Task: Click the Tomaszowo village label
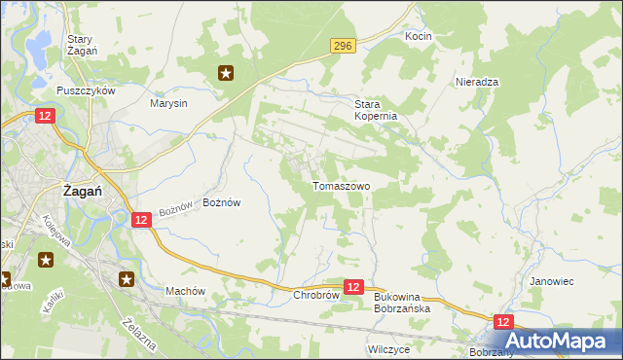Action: click(340, 186)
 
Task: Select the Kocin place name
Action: click(418, 36)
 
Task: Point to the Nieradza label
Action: click(477, 83)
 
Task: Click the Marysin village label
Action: click(168, 102)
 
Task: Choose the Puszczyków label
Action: click(86, 90)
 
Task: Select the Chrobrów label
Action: click(314, 295)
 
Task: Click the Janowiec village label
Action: click(551, 281)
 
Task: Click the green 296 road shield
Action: click(342, 46)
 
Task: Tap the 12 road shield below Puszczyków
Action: click(45, 116)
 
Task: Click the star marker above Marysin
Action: click(226, 72)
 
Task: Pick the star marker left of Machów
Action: click(128, 280)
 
